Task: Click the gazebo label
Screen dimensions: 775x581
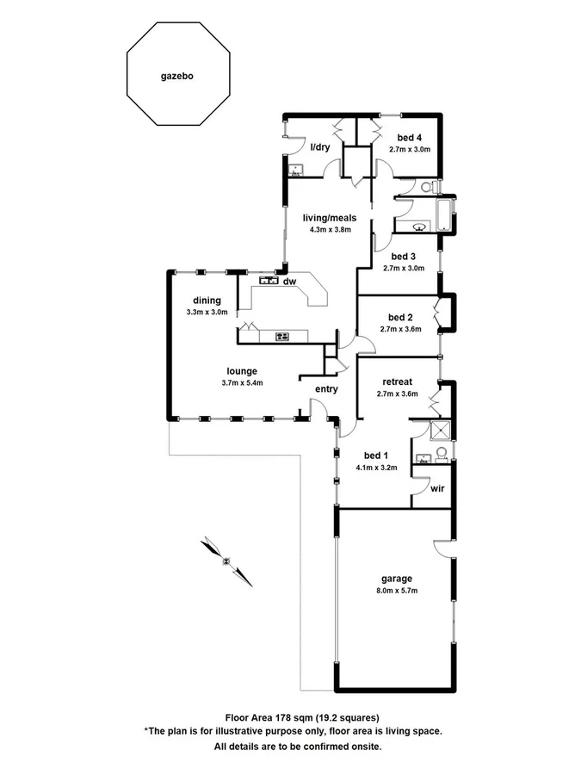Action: pyautogui.click(x=176, y=76)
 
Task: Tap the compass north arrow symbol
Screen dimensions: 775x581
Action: pyautogui.click(x=226, y=561)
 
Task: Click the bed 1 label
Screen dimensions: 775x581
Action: pyautogui.click(x=376, y=456)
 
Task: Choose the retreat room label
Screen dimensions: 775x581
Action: pyautogui.click(x=398, y=381)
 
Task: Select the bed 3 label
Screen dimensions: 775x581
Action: pyautogui.click(x=404, y=256)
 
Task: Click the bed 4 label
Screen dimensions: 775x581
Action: pyautogui.click(x=410, y=138)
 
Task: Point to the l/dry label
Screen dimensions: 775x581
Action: pyautogui.click(x=320, y=147)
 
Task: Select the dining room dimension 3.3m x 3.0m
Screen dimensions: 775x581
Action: pyautogui.click(x=207, y=313)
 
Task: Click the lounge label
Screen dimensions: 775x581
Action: pyautogui.click(x=241, y=371)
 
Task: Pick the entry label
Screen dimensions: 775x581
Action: pyautogui.click(x=326, y=389)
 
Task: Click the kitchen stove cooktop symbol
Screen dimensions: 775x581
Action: pyautogui.click(x=281, y=336)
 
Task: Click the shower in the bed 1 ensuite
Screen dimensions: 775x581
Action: pyautogui.click(x=441, y=429)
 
